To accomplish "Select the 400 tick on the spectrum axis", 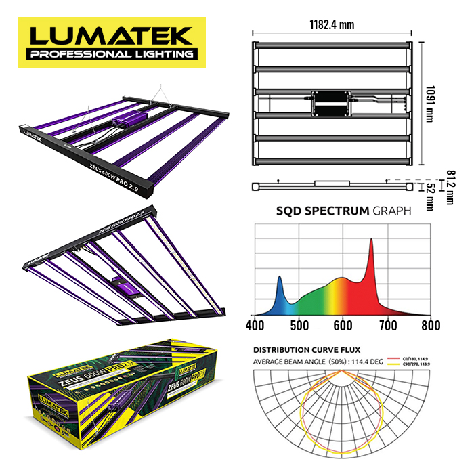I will click(x=255, y=325).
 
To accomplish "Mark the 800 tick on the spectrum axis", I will click(x=430, y=325).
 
